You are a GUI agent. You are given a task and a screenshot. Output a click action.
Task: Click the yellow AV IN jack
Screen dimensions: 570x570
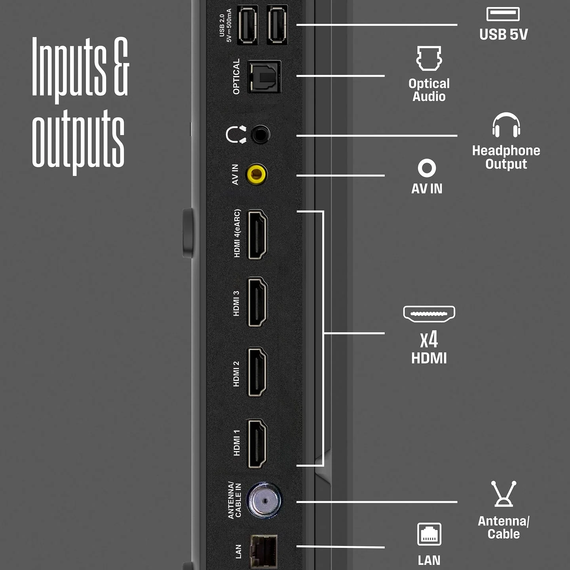point(257,175)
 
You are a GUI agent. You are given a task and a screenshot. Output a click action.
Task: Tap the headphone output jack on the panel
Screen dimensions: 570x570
point(260,135)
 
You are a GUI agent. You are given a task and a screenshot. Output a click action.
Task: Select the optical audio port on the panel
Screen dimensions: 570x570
point(264,77)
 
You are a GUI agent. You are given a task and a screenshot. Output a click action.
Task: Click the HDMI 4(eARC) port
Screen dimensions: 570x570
point(257,235)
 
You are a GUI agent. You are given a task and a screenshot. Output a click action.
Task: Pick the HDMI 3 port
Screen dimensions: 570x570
point(257,302)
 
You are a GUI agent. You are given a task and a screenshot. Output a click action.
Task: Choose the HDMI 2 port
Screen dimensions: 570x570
point(257,372)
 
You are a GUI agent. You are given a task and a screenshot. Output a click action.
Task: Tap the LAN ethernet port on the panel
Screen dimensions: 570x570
point(264,552)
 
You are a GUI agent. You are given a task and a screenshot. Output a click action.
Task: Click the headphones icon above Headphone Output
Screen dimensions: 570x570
point(506,125)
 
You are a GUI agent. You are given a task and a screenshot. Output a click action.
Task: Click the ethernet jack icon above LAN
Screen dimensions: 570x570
point(429,534)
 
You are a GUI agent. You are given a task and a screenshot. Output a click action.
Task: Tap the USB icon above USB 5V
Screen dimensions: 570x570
point(503,14)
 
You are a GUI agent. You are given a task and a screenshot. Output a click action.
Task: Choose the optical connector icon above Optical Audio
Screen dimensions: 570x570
point(429,58)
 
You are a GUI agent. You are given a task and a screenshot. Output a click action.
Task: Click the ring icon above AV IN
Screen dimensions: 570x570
point(427,168)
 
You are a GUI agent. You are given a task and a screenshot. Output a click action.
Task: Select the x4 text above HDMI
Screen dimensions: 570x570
point(429,340)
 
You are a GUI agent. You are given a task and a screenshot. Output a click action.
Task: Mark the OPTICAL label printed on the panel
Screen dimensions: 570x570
point(236,77)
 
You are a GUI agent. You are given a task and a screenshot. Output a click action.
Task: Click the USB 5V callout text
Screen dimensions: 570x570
point(503,34)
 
